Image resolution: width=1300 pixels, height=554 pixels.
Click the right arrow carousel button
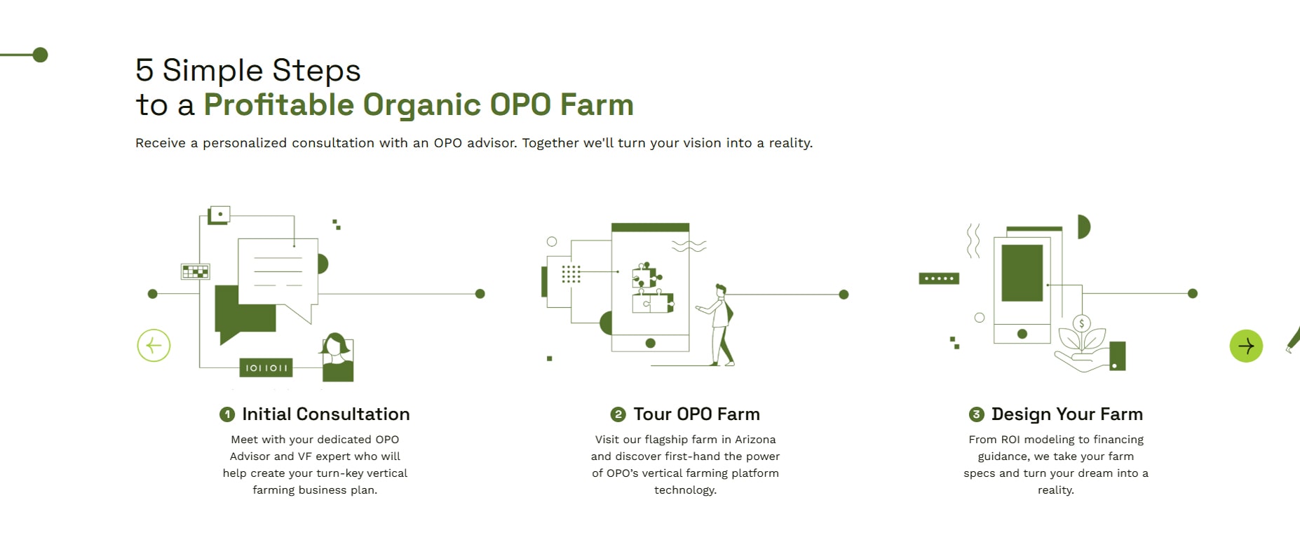coord(1246,346)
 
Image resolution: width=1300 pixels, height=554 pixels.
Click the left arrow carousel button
coord(154,346)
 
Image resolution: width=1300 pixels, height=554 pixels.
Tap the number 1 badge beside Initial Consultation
coord(227,414)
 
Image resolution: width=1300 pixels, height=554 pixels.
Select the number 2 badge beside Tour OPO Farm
coord(618,414)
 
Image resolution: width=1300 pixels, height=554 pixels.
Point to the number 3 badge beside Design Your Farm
coord(976,414)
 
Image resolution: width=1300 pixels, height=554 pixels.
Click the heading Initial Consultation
coord(326,414)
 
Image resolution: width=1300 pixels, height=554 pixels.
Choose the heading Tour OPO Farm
coord(697,414)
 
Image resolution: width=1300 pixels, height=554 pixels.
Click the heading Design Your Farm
coord(1067,414)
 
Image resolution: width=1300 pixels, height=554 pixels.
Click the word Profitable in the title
coord(279,104)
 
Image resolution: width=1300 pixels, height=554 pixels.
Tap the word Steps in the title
coord(316,71)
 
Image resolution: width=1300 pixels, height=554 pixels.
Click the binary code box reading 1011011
coord(266,367)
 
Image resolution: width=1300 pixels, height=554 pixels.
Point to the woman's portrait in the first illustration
coord(337,358)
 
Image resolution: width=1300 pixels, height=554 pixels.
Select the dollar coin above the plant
coord(1082,323)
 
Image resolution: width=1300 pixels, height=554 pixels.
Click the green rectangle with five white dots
coord(939,278)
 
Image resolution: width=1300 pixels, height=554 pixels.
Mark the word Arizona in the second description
coord(755,440)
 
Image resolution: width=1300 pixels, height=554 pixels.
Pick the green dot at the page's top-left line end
coord(41,55)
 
